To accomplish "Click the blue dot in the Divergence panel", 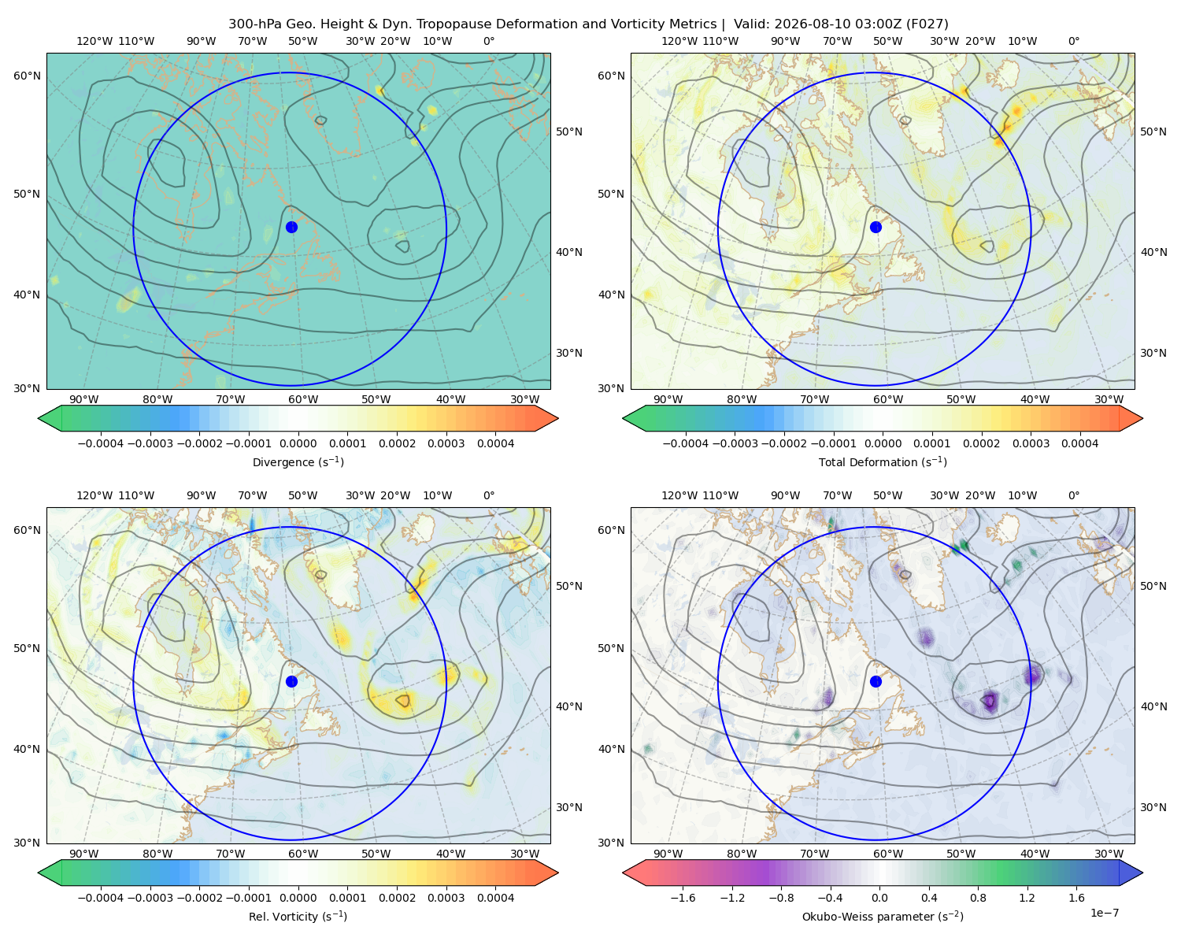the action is [291, 227].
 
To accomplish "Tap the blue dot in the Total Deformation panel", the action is [876, 227].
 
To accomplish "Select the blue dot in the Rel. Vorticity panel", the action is [291, 681].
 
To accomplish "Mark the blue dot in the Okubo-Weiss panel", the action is [876, 681].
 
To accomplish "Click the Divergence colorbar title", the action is [298, 462].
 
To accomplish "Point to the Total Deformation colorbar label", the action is [883, 462].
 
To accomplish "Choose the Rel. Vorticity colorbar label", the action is [298, 917].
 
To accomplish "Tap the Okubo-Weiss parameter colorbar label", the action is [883, 917].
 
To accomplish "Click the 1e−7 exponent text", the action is [1104, 913].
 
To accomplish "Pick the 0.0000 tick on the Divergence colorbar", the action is [298, 443].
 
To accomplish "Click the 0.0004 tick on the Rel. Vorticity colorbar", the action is [495, 898].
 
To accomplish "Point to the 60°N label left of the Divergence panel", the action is [27, 76].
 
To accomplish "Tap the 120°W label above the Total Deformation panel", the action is [679, 41].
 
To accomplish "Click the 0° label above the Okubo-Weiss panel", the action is [1074, 495].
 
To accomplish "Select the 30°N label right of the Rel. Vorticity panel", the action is [569, 807].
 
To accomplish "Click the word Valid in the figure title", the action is [749, 24].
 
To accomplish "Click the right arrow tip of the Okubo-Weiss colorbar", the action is [1142, 873].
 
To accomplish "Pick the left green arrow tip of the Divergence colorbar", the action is [39, 418].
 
